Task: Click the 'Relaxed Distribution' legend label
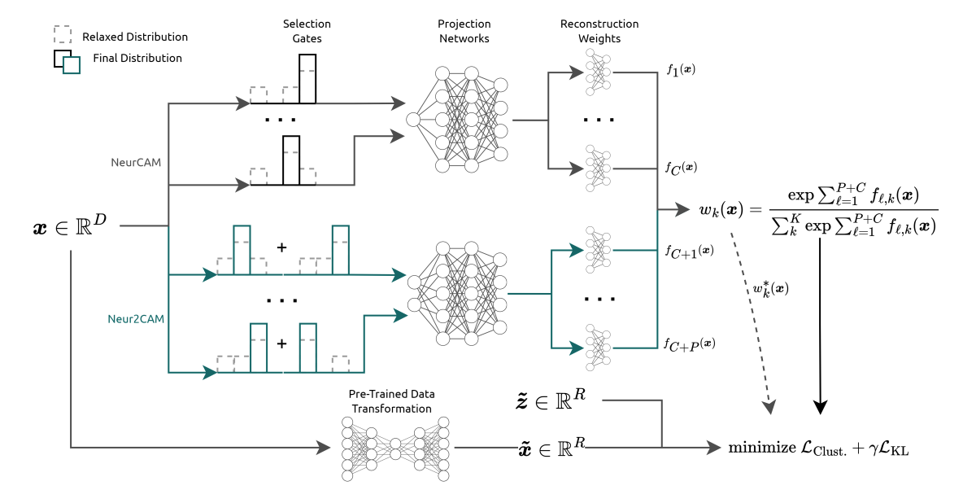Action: pyautogui.click(x=134, y=37)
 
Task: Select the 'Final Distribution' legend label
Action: pyautogui.click(x=137, y=58)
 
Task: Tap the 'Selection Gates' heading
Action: pyautogui.click(x=307, y=31)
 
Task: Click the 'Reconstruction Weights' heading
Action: pyautogui.click(x=599, y=31)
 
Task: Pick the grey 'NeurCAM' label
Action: pyautogui.click(x=135, y=162)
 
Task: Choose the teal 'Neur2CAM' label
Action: pyautogui.click(x=135, y=318)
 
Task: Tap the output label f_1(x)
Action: pyautogui.click(x=680, y=70)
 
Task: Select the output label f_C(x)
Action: pyautogui.click(x=681, y=168)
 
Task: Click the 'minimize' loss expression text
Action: pyautogui.click(x=817, y=447)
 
